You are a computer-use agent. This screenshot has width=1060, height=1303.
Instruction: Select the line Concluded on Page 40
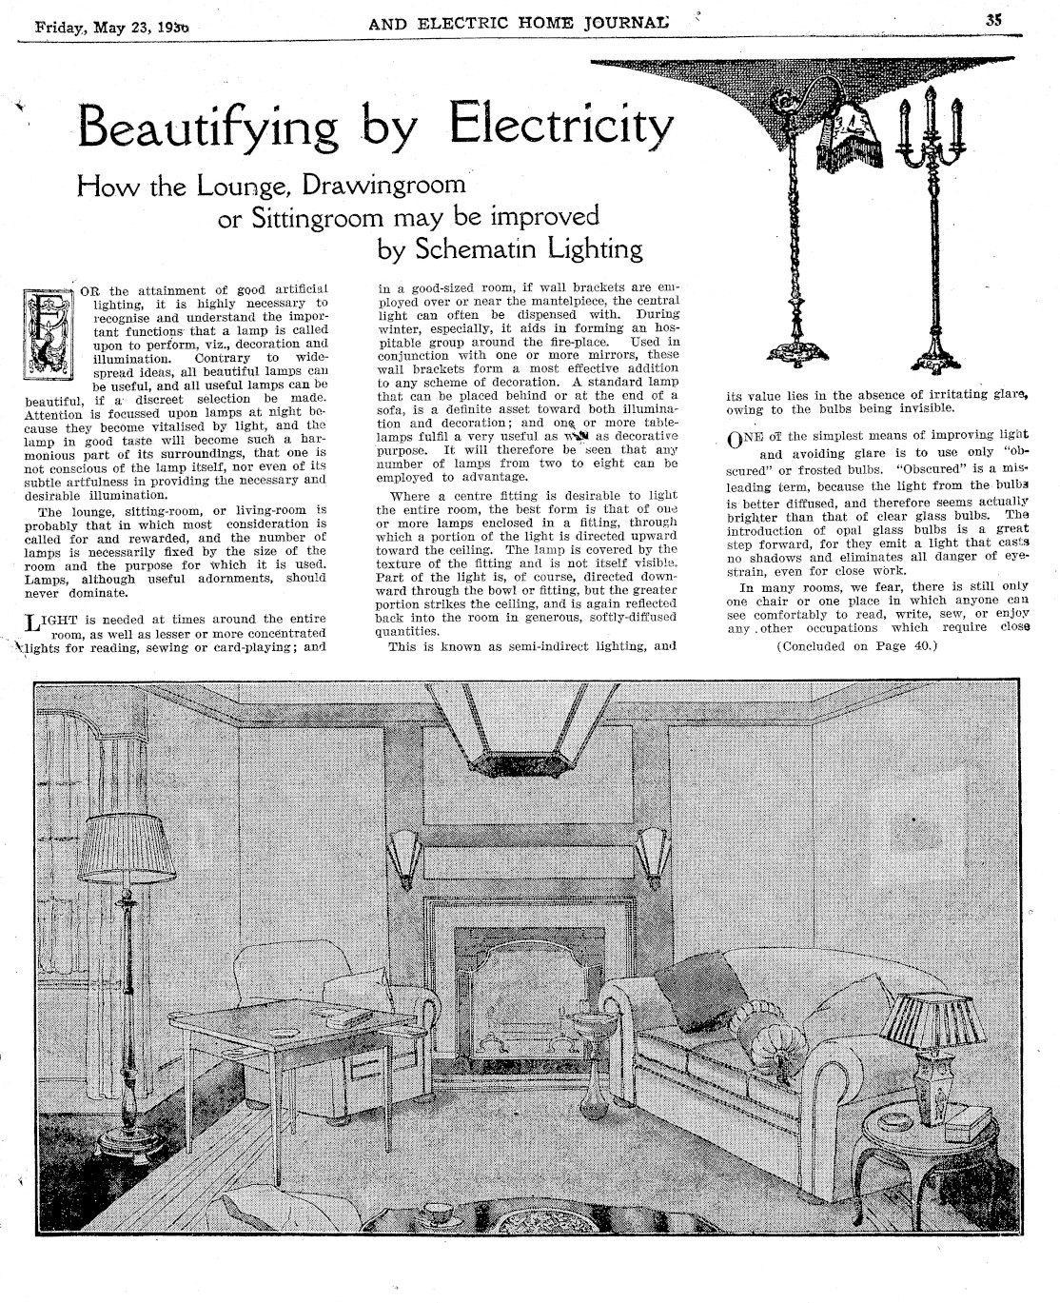pos(856,647)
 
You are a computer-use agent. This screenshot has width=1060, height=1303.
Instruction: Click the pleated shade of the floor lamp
pos(121,848)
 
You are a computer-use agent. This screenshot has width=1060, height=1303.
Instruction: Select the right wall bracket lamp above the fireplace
pos(656,852)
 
